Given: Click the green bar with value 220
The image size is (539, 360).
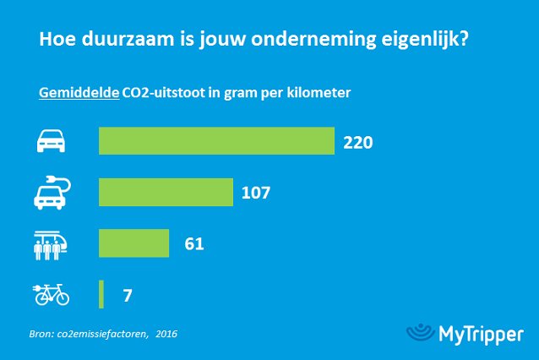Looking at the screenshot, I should pos(216,141).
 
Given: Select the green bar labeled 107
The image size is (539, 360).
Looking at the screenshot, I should pos(166,192).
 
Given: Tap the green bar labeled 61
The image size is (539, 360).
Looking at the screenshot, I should pos(134,243).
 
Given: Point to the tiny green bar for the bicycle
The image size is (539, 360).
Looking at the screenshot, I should pos(101,295).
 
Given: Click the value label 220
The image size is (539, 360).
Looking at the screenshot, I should pos(358,142).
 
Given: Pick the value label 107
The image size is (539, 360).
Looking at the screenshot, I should pos(255,193).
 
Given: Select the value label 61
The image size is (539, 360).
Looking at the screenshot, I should pos(193,244).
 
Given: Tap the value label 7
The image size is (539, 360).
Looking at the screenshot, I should pos(127,296).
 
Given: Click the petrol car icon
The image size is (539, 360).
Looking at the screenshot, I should pos(51,142).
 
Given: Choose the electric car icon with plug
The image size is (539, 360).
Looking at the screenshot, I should pos(52,192).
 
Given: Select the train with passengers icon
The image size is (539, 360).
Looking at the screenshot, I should pos(51,243).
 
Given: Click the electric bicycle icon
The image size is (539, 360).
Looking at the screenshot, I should pos(51,295).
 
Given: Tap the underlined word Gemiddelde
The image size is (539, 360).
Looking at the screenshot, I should pos(79,93).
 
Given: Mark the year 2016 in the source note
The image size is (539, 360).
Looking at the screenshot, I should pos(166,334).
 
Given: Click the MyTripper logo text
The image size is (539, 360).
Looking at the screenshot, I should pos(482,334).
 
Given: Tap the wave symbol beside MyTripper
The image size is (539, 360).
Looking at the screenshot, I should pos(420,332).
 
